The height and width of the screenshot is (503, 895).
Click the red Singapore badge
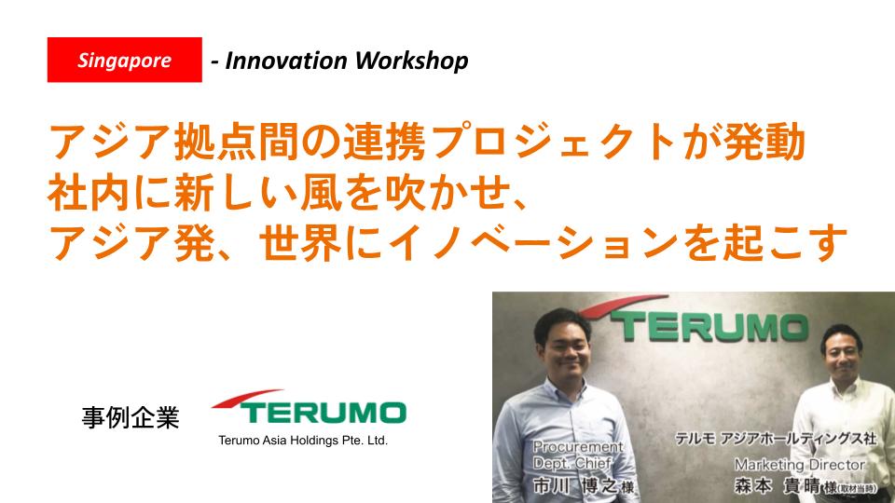coord(124,60)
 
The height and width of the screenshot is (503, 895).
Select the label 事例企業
coord(131,418)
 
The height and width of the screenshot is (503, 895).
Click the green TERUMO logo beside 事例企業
coord(309,407)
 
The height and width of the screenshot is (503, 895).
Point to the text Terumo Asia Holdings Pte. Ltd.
coord(302,441)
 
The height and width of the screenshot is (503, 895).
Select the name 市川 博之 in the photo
coord(575,486)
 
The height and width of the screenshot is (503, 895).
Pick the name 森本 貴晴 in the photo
coord(778,486)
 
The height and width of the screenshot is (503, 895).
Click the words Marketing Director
coord(800,465)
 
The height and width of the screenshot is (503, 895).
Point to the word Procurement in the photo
coord(578,446)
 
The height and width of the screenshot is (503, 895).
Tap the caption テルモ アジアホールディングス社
coord(775,439)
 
